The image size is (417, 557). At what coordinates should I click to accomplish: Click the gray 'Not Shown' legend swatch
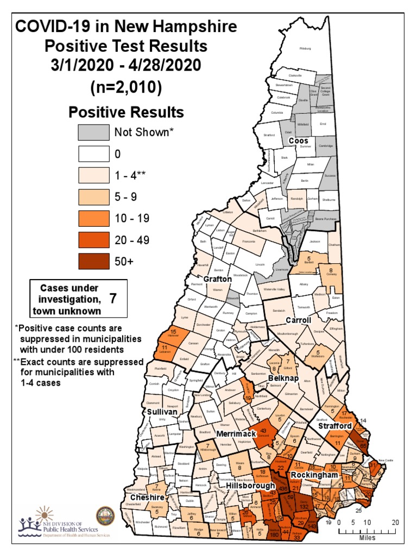pyautogui.click(x=93, y=133)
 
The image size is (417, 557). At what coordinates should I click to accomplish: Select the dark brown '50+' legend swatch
pyautogui.click(x=93, y=261)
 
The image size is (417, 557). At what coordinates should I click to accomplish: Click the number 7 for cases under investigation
pyautogui.click(x=113, y=298)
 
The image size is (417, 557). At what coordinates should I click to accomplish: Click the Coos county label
pyautogui.click(x=298, y=140)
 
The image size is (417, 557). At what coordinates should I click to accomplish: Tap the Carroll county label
pyautogui.click(x=298, y=320)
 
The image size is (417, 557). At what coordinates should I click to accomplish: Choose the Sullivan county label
pyautogui.click(x=162, y=412)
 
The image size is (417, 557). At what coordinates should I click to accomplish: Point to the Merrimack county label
pyautogui.click(x=236, y=434)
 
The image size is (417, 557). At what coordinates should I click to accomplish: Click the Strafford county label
pyautogui.click(x=336, y=426)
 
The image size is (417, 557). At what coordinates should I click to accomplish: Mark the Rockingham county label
pyautogui.click(x=326, y=475)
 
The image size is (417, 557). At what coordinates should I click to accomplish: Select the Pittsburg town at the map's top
pyautogui.click(x=306, y=48)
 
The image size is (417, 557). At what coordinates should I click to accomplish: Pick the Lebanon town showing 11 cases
pyautogui.click(x=164, y=350)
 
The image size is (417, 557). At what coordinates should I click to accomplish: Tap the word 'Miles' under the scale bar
pyautogui.click(x=367, y=537)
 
